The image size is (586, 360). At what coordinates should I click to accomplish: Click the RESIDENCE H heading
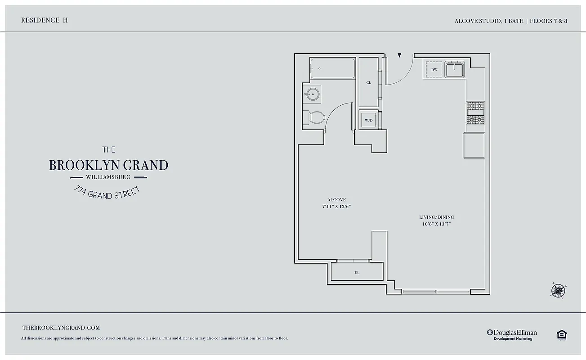(45, 20)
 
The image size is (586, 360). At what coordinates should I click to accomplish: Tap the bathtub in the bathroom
(332, 69)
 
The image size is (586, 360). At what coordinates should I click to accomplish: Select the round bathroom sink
(311, 94)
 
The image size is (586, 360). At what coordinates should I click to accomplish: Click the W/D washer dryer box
(369, 121)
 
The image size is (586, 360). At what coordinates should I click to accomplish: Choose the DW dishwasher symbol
(434, 70)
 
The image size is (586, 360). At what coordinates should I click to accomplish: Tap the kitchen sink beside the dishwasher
(455, 70)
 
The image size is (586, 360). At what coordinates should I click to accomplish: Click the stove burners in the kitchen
(475, 112)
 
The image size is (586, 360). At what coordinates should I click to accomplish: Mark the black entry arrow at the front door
(399, 56)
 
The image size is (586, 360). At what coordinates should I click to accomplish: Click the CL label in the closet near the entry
(369, 83)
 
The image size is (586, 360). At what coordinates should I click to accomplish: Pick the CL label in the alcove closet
(357, 273)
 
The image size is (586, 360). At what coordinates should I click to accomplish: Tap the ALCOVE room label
(336, 200)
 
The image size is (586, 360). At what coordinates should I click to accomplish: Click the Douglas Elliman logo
(512, 334)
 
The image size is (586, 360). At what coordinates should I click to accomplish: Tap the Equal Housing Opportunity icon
(561, 334)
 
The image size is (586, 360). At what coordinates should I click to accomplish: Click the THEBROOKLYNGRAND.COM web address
(61, 328)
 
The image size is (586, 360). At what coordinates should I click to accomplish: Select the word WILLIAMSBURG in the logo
(108, 177)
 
